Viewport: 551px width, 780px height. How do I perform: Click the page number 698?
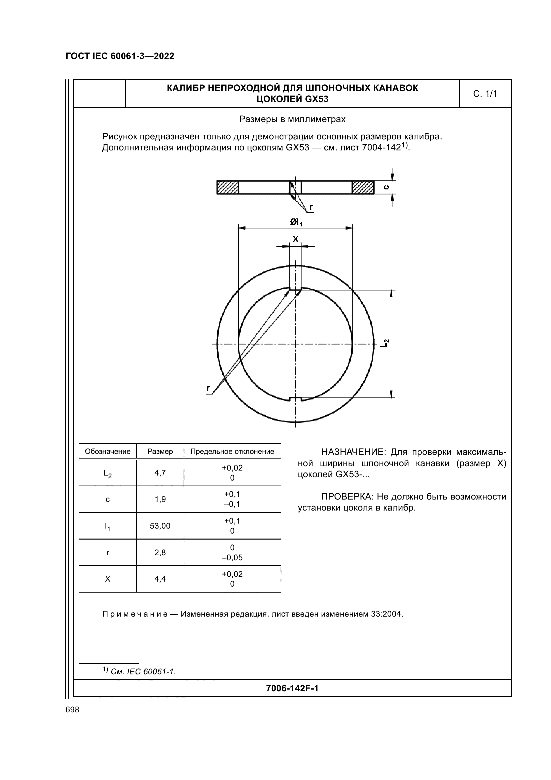pos(72,710)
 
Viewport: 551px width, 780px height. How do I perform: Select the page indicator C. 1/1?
pos(485,94)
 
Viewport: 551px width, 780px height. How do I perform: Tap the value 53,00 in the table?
pos(160,526)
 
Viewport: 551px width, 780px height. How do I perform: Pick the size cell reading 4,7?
pos(160,473)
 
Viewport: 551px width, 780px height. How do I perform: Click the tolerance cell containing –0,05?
pos(232,558)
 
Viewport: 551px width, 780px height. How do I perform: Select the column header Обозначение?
pos(108,452)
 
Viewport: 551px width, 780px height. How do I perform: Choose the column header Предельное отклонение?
pos(232,452)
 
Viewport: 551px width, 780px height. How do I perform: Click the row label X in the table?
pos(108,579)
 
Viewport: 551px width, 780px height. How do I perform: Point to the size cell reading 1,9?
pos(160,500)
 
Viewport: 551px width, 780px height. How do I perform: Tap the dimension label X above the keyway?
pos(295,239)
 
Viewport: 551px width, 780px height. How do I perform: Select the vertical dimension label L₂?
pos(384,343)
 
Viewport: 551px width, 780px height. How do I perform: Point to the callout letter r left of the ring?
pos(208,388)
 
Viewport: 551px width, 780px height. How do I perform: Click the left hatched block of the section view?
pos(228,187)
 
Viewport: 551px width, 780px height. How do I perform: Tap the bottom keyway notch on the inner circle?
pos(295,399)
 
